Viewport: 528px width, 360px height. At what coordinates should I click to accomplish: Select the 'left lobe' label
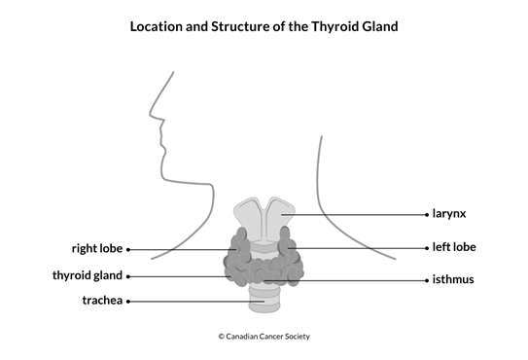454,247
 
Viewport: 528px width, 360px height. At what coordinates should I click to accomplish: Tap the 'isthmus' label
453,280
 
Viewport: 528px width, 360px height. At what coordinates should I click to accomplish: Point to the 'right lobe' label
96,248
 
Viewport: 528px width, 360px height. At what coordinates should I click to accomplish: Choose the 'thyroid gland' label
87,275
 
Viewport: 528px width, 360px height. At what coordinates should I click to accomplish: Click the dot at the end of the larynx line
427,213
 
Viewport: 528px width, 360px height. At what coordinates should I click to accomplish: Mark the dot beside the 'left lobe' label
427,247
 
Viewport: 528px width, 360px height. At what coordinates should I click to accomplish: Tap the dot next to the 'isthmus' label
427,280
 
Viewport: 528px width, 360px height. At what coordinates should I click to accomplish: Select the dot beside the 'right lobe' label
127,248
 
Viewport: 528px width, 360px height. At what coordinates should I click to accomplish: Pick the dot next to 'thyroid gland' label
127,275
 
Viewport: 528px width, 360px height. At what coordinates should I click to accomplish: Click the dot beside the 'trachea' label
127,301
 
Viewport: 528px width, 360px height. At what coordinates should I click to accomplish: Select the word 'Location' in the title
162,26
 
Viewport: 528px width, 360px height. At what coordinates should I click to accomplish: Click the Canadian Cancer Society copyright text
264,337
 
